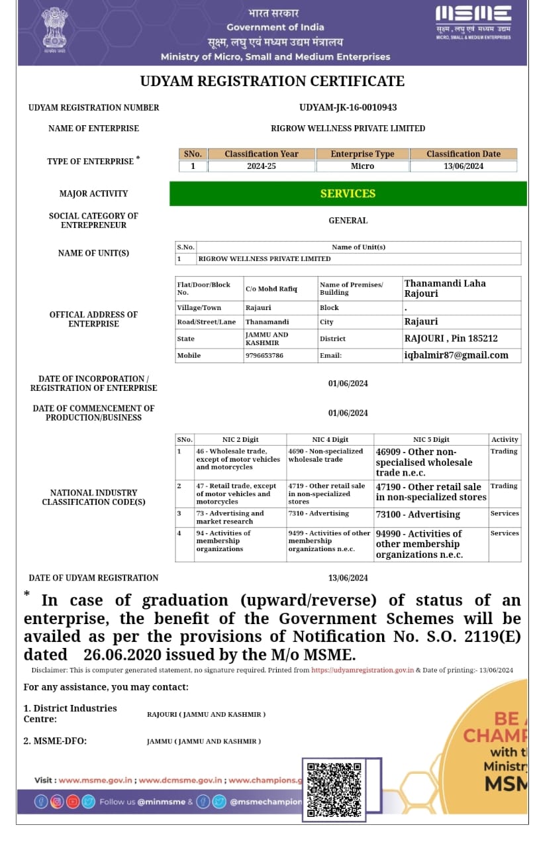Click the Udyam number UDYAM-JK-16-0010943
tap(348, 107)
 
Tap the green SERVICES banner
tap(348, 193)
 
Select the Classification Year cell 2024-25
tap(261, 166)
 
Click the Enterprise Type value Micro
tap(362, 166)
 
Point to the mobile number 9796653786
tap(265, 356)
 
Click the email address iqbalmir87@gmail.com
tap(456, 355)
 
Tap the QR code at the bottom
tap(335, 788)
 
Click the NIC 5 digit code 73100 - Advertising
tap(418, 515)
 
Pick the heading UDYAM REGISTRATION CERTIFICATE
tap(272, 81)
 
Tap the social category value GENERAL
tap(348, 221)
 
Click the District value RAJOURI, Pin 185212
tap(451, 339)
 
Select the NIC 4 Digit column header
tap(330, 440)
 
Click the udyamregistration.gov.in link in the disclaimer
tap(363, 670)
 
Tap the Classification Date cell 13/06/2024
tap(463, 166)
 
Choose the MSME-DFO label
tap(55, 741)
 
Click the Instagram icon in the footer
tap(57, 802)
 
